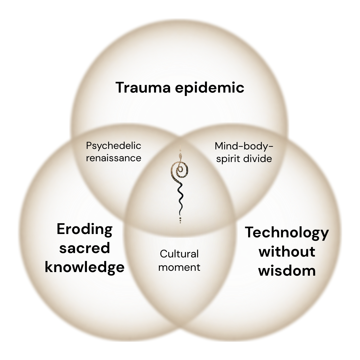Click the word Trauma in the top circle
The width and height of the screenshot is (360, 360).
click(143, 87)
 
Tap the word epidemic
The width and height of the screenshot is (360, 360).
click(210, 88)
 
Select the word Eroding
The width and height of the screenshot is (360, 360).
click(85, 229)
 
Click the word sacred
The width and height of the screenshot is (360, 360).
click(85, 248)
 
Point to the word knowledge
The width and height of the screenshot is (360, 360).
click(85, 267)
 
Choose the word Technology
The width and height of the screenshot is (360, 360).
click(287, 233)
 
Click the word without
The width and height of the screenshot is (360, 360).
click(287, 252)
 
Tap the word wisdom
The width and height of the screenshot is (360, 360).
click(287, 271)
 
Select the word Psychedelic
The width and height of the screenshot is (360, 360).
click(113, 146)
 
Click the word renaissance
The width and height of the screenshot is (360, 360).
click(113, 158)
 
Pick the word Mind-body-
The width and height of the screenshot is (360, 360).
click(244, 146)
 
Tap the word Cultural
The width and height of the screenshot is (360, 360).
click(179, 254)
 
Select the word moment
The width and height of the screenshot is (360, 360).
click(179, 267)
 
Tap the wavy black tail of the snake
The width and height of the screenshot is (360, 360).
click(180, 198)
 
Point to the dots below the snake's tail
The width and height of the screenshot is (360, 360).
click(180, 220)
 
